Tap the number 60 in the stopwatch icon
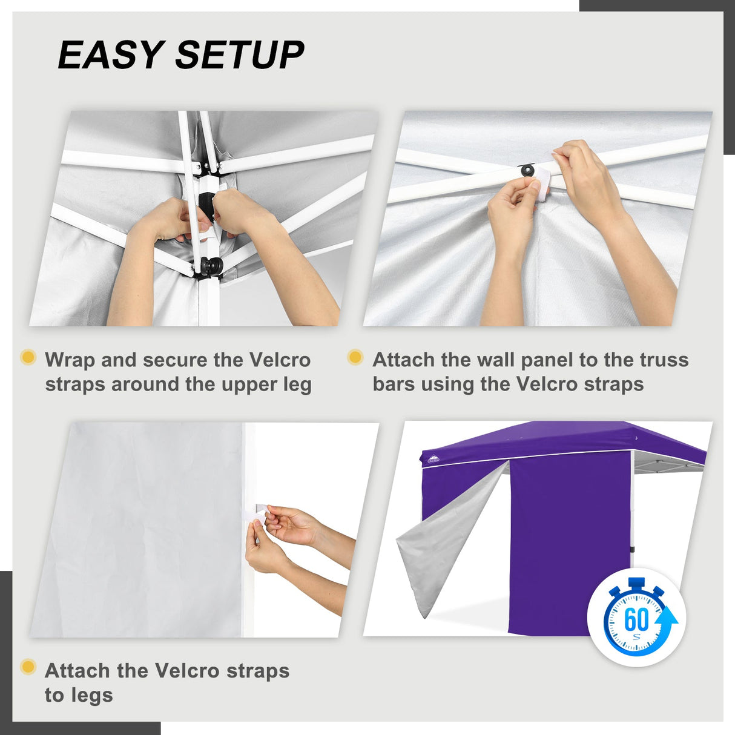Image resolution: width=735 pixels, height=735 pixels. coord(636,619)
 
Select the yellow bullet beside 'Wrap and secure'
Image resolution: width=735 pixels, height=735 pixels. coord(28,357)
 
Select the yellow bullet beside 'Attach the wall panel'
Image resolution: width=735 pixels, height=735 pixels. coord(355,357)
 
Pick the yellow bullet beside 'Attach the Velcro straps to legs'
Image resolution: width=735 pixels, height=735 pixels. coord(28,667)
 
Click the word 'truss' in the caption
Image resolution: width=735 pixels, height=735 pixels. coord(665,360)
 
